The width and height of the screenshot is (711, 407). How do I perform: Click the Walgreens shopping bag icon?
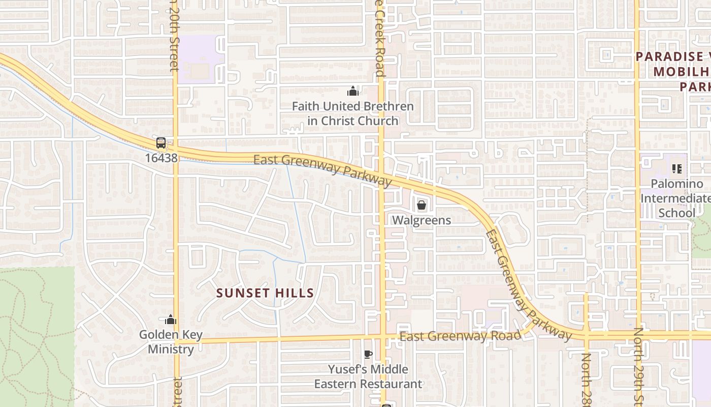click(421, 206)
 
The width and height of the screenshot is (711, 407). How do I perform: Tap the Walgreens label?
click(422, 220)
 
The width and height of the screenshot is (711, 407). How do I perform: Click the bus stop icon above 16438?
click(161, 143)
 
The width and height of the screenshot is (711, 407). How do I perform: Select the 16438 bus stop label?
click(161, 158)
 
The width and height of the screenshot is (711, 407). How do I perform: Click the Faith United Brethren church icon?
click(353, 92)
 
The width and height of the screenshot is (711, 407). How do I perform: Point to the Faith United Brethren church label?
click(353, 113)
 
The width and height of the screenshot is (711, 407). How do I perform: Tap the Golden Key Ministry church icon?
click(171, 319)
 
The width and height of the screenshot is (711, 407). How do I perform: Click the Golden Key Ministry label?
click(171, 342)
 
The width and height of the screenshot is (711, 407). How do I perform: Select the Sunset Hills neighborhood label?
click(265, 293)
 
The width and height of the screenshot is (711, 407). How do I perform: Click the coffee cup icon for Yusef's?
click(368, 354)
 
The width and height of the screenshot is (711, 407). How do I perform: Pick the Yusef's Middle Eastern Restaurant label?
click(368, 376)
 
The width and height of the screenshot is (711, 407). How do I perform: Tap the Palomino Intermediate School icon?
click(676, 168)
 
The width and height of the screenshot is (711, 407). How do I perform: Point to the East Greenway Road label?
click(460, 336)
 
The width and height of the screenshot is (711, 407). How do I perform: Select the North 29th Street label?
click(638, 366)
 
